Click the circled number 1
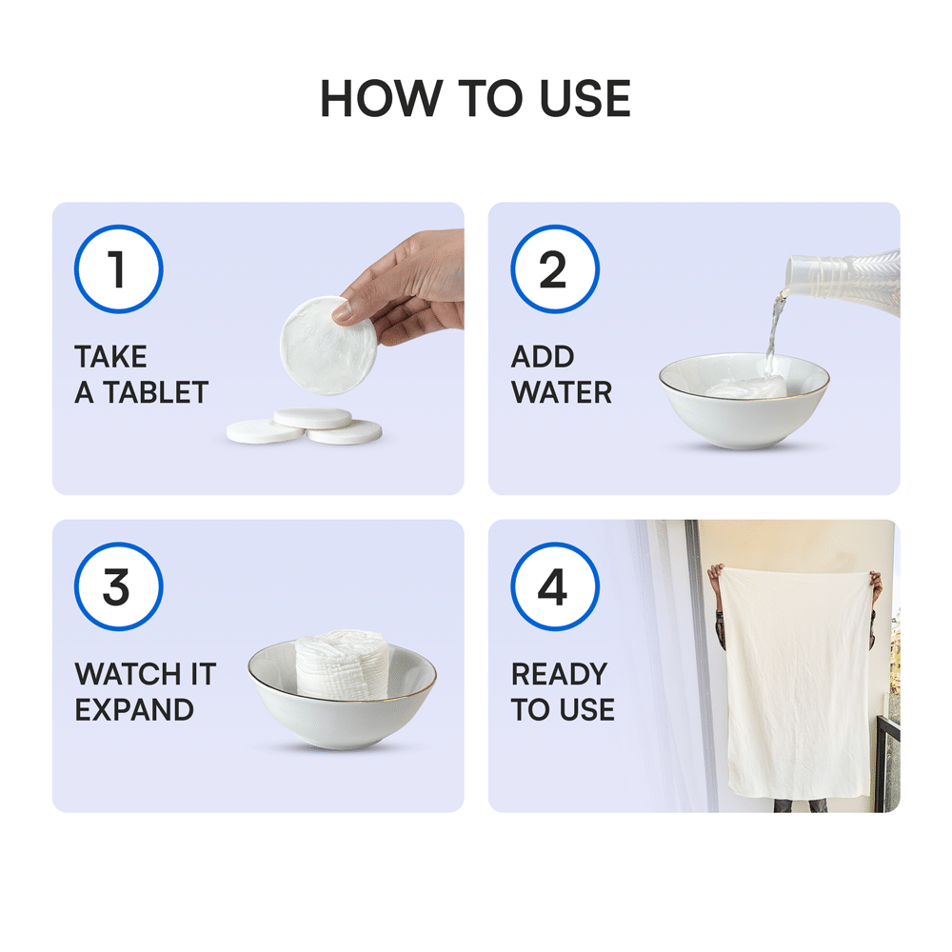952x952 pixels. coord(118,269)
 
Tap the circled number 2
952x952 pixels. coord(555,269)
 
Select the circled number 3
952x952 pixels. coord(118,587)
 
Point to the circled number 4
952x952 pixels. coord(555,587)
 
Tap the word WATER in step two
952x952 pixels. coord(562,392)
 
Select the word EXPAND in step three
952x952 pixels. coord(134,710)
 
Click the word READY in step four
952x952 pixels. coord(559,674)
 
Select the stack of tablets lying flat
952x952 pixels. coord(305,426)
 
